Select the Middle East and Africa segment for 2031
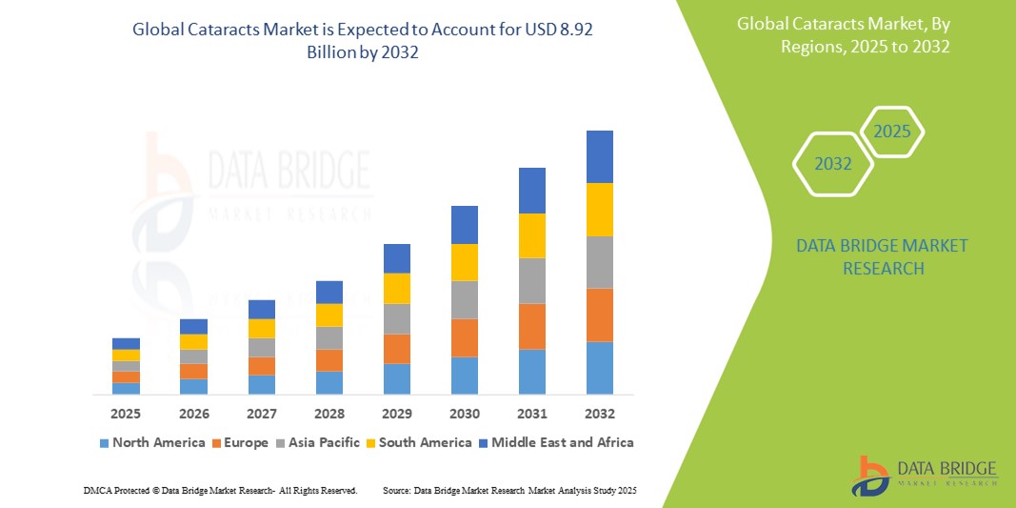(x=531, y=191)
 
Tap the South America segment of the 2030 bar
(x=464, y=262)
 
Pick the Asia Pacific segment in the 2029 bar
(x=396, y=318)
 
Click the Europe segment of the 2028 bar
(x=329, y=360)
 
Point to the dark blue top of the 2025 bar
(x=126, y=343)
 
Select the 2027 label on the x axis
(x=261, y=414)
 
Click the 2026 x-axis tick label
(x=193, y=414)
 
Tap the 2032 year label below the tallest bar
(x=599, y=414)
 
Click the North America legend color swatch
(x=104, y=443)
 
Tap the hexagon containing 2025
(x=892, y=132)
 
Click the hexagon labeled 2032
(x=833, y=164)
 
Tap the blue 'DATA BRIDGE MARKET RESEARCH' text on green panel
(x=867, y=257)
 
